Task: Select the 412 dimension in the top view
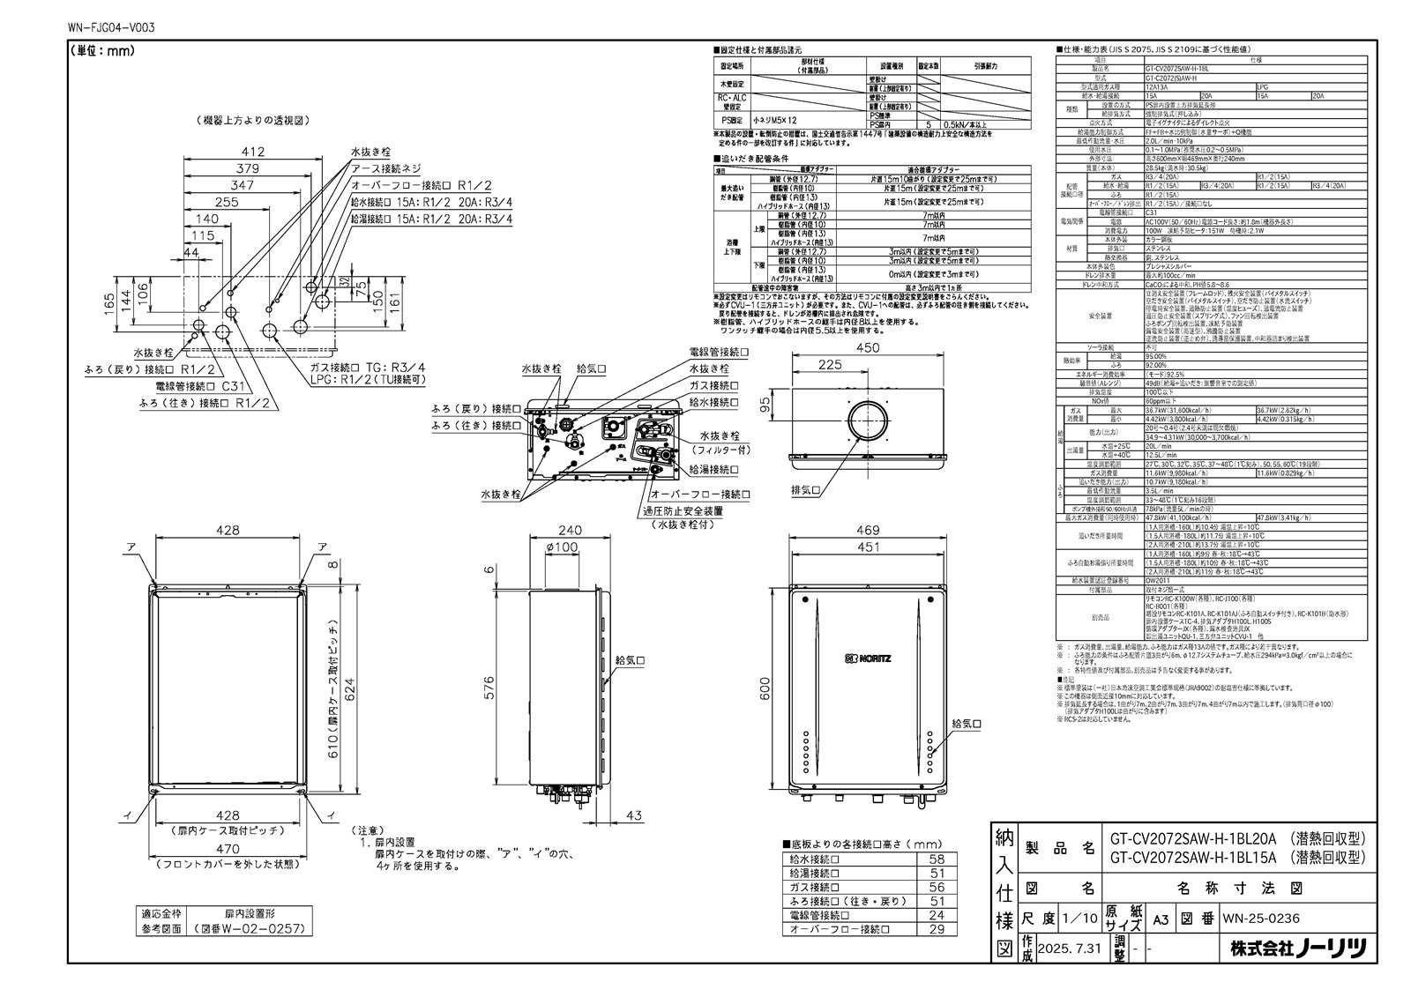[x=253, y=153]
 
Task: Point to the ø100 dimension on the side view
[x=562, y=547]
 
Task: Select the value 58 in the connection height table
[x=937, y=859]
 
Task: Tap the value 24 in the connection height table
[x=937, y=915]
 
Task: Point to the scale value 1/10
[x=1080, y=918]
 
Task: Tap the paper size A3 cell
[x=1160, y=918]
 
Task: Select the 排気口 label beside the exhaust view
[x=807, y=490]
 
